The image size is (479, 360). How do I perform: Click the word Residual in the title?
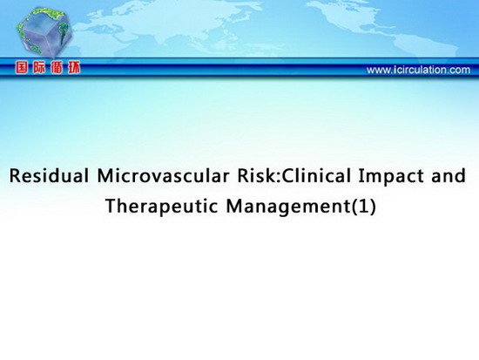[x=49, y=176]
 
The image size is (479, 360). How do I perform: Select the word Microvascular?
[x=164, y=176]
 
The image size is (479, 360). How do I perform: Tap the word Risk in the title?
[x=258, y=176]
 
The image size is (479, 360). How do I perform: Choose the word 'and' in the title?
[x=449, y=176]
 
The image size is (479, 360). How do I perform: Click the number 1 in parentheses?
[x=363, y=207]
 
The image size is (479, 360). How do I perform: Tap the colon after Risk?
[x=280, y=178]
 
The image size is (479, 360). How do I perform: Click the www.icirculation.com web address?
[x=418, y=70]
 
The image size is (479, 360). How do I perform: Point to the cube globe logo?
[x=44, y=33]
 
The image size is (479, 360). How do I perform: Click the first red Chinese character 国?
[x=22, y=68]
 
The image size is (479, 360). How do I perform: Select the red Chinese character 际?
[x=39, y=68]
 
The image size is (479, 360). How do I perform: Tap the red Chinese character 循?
[x=57, y=68]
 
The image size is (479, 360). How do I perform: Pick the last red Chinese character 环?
[x=74, y=68]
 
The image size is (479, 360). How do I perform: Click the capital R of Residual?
[x=15, y=176]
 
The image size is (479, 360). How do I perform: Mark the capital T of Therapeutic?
[x=111, y=206]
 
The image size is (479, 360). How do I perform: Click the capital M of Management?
[x=234, y=206]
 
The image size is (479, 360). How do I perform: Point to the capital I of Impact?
[x=361, y=176]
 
